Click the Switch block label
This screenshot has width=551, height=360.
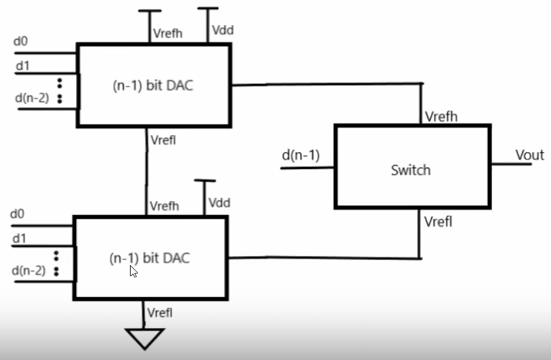[x=410, y=170]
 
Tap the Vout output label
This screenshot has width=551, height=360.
[x=529, y=155]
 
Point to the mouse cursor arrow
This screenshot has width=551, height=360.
[x=133, y=271]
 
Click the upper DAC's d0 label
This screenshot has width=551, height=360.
[x=21, y=42]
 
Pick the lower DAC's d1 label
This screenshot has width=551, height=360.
[x=19, y=238]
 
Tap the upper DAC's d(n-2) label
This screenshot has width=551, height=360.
[x=31, y=98]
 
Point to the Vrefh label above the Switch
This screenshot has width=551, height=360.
[x=441, y=116]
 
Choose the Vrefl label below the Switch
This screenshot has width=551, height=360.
[x=439, y=222]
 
